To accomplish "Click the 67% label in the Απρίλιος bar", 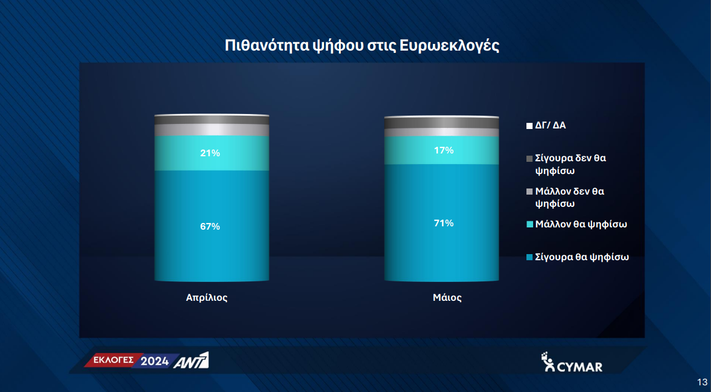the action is point(210,226).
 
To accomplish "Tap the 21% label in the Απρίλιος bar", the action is point(210,153).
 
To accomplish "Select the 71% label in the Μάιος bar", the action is point(444,223).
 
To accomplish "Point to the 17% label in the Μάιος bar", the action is point(444,150).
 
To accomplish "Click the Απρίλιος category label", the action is point(207,297).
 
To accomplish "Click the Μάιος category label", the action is point(447,297).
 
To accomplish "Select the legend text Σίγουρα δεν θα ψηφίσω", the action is point(570,165).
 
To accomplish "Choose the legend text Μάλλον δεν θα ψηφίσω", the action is point(570,197).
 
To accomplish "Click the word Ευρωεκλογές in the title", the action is point(449,46).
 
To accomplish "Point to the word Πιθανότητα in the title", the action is point(267,46).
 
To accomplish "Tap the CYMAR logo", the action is point(571,362).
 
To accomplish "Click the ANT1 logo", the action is point(191,360).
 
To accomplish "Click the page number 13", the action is point(702,382).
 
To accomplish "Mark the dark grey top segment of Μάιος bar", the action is point(441,123).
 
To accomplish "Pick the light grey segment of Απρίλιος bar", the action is point(212,130).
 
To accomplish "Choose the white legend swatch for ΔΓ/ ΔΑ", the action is point(529,126).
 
